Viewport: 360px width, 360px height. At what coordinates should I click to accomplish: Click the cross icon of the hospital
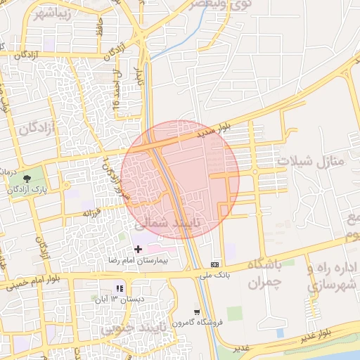tap(138, 249)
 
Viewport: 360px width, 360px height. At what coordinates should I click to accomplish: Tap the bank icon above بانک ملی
tap(214, 264)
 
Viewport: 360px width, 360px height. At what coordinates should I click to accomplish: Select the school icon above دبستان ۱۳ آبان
tap(120, 288)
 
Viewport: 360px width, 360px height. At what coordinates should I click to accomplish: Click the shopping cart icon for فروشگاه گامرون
tap(198, 312)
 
